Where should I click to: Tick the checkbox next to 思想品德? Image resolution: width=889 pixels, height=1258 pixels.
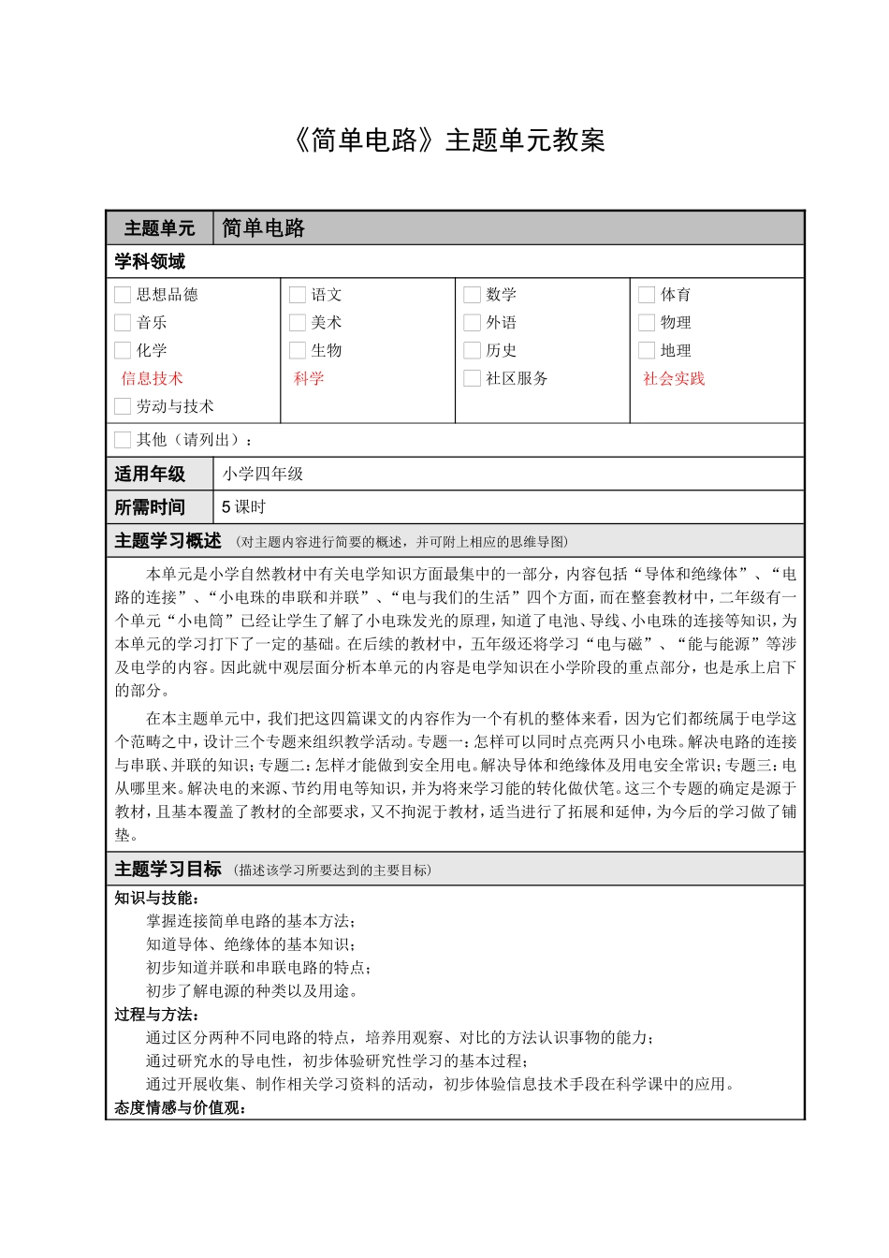click(x=123, y=295)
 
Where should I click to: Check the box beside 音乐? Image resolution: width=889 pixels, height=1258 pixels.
click(x=123, y=323)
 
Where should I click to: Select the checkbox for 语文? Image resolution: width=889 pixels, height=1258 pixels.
click(x=298, y=295)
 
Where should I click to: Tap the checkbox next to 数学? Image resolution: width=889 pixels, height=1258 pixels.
click(x=472, y=295)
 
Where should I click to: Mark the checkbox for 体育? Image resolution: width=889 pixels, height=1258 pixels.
click(x=647, y=295)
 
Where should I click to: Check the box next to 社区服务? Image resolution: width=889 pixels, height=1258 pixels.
click(x=472, y=378)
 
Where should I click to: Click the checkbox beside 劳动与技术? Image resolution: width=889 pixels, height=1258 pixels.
click(x=123, y=406)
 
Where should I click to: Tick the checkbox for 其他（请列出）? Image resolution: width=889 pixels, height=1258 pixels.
click(x=123, y=440)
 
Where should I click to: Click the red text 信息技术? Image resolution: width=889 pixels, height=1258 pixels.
click(x=152, y=378)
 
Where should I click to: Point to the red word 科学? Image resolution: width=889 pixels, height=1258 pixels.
click(x=309, y=378)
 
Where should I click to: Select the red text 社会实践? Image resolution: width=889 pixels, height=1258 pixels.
click(x=674, y=378)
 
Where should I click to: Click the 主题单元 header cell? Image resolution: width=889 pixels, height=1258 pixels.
click(x=159, y=228)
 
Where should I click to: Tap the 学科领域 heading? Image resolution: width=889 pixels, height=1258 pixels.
click(x=150, y=262)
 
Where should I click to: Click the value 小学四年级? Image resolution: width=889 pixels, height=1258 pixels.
click(x=263, y=475)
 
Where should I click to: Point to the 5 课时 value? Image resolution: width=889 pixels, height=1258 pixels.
click(x=244, y=507)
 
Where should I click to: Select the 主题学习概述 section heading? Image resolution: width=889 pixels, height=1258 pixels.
click(x=168, y=541)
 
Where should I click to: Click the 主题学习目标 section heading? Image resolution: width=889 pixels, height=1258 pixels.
click(x=168, y=870)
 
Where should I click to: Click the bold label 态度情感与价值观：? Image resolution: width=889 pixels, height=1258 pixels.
click(x=181, y=1108)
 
